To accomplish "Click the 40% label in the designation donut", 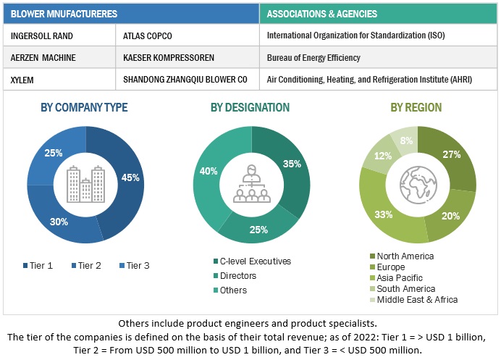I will point(209,172).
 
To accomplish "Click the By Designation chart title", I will point(250,107).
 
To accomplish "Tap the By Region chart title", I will point(416,107).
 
